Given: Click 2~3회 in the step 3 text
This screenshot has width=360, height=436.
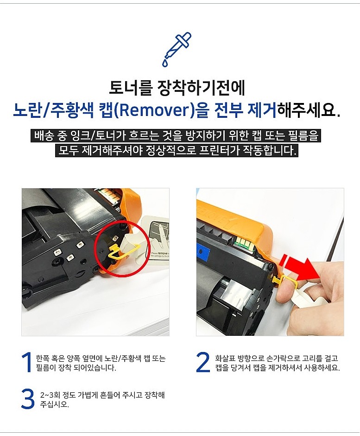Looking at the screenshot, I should click(49, 395).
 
